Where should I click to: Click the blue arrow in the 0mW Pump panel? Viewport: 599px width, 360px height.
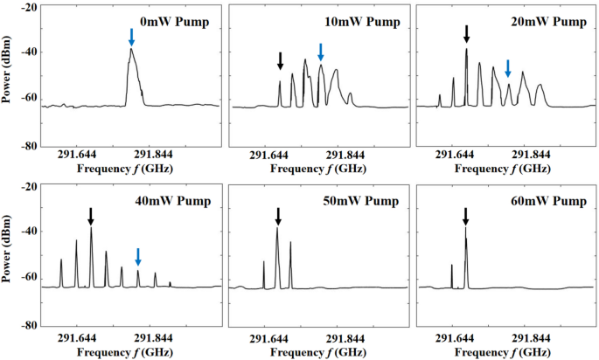click(x=131, y=37)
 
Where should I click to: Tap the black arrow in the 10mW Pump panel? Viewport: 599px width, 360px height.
click(x=280, y=60)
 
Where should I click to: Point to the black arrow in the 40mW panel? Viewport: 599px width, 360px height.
click(x=91, y=216)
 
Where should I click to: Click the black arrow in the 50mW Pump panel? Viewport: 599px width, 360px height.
click(x=278, y=216)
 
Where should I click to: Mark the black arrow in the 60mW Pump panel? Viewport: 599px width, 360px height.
click(x=465, y=216)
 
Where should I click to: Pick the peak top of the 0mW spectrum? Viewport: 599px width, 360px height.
click(x=131, y=50)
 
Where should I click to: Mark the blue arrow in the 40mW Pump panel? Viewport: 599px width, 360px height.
click(x=137, y=256)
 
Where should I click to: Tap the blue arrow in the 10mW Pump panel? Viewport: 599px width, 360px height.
click(x=321, y=51)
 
